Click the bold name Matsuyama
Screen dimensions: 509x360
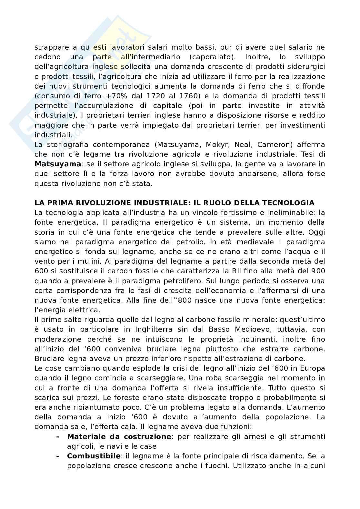pos(57,164)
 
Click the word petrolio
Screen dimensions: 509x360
pos(188,242)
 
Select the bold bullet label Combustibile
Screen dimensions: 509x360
pos(94,456)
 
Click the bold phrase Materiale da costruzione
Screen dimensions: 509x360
pos(119,437)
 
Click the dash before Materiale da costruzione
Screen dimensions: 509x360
pos(57,437)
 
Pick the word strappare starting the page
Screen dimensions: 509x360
pos(51,47)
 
